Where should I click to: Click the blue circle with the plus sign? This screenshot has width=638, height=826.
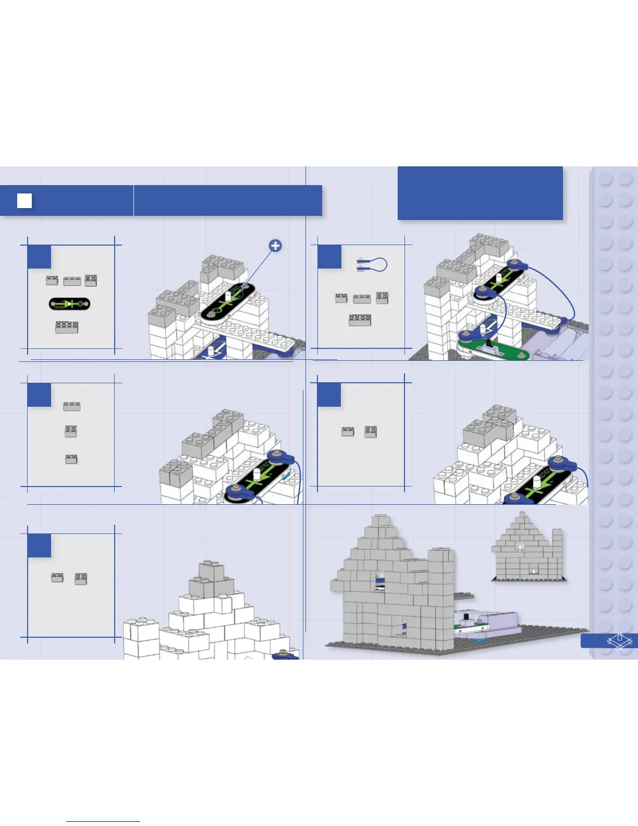[x=275, y=246]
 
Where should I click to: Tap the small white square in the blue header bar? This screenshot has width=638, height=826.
[x=24, y=201]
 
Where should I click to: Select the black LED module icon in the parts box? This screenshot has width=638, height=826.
[x=69, y=303]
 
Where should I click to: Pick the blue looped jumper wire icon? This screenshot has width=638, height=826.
[x=371, y=264]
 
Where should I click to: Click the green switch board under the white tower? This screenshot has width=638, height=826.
[x=494, y=349]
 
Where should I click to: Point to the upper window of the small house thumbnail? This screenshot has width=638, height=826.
[x=519, y=546]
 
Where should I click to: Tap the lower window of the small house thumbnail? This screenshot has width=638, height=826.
[x=533, y=570]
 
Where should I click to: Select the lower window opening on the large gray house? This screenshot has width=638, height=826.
[x=403, y=624]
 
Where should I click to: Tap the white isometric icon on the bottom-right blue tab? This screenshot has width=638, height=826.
[x=619, y=640]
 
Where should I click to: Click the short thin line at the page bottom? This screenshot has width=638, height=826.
[x=103, y=821]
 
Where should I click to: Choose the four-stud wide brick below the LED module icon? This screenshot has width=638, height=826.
[x=67, y=327]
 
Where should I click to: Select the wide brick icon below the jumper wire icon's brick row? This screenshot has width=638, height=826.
[x=360, y=320]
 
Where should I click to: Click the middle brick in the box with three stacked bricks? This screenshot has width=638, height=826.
[x=71, y=431]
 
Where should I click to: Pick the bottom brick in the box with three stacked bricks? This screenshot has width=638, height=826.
[x=71, y=459]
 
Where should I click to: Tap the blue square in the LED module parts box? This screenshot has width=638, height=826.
[x=39, y=257]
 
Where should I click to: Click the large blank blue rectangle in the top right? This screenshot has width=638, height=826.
[x=480, y=193]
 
